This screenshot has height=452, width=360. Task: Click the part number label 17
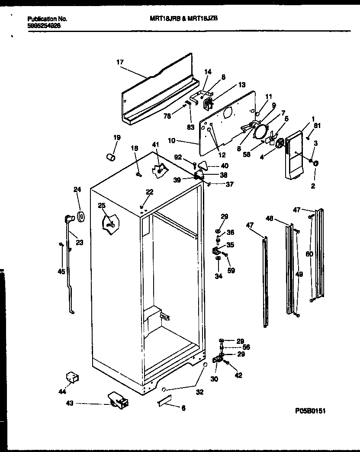click(x=120, y=62)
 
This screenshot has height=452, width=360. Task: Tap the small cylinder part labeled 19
click(x=111, y=155)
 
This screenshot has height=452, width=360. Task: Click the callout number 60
click(x=309, y=254)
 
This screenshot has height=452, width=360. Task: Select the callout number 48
click(x=269, y=219)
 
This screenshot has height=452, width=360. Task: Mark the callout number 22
click(x=149, y=192)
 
